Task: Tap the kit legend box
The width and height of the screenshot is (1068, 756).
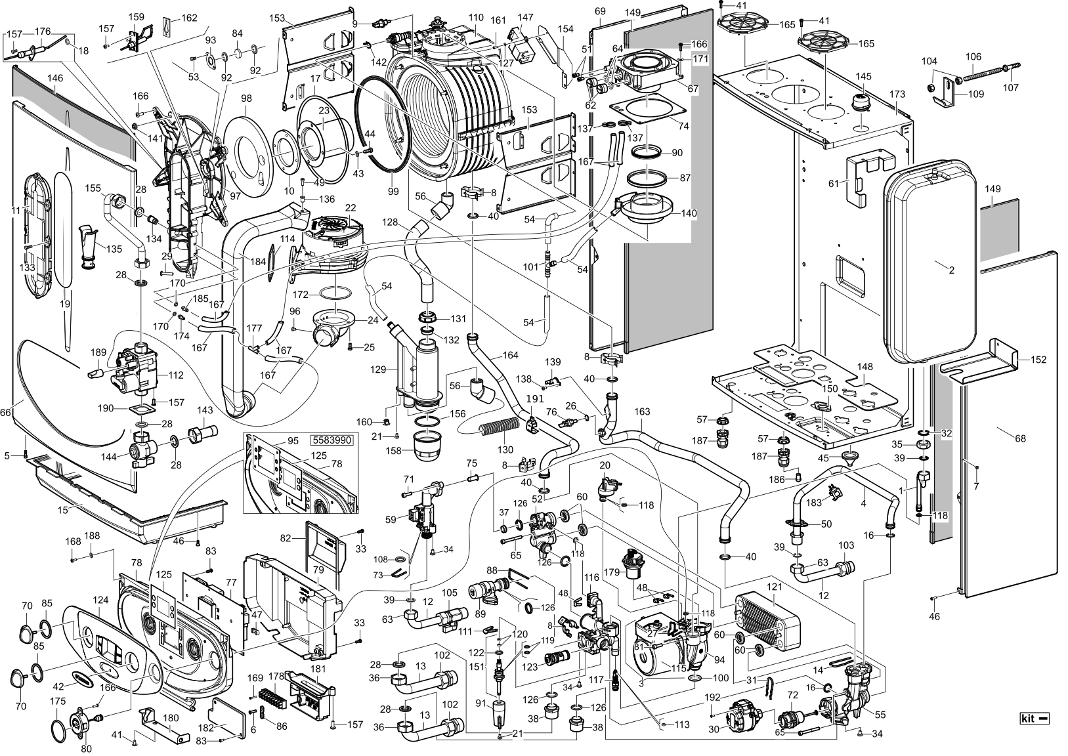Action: coord(1035,718)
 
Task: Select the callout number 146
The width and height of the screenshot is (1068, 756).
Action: coord(55,78)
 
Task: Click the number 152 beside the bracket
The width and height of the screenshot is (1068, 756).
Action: coord(1038,360)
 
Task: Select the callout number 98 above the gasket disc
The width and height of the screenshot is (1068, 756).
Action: coord(247,98)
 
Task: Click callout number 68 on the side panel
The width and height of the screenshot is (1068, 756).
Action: coord(1020,438)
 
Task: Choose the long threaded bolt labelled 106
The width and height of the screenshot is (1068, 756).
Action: coord(985,78)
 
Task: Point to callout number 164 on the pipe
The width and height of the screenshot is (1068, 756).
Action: coord(510,356)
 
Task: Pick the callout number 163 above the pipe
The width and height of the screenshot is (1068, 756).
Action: coord(642,411)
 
